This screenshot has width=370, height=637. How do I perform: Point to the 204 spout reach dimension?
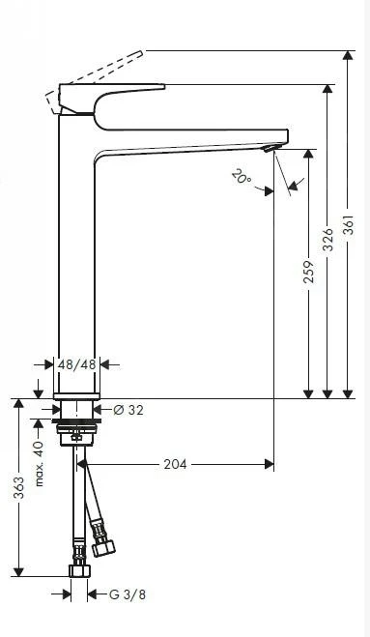click(174, 465)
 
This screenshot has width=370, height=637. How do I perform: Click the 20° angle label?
click(241, 176)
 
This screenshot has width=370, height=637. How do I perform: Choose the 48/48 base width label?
click(76, 365)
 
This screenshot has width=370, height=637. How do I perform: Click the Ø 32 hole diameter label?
click(128, 410)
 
